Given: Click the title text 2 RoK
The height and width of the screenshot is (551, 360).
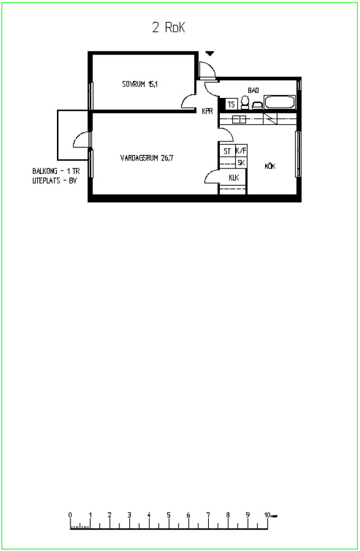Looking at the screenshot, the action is tap(169, 28).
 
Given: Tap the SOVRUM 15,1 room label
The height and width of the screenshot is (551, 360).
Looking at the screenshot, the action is tap(140, 84).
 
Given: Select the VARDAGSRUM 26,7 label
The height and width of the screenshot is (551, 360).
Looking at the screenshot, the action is tap(147, 158).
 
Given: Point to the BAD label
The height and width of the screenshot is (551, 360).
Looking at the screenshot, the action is tap(253, 91).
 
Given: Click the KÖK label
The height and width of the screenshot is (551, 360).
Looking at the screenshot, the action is tap(270, 166).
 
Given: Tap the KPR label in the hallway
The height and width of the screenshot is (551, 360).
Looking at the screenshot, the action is tap(208, 111).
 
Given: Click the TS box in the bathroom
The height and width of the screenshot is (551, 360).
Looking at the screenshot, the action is tap(231, 104).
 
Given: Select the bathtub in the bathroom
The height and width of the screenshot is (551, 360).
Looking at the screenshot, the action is tap(280, 102).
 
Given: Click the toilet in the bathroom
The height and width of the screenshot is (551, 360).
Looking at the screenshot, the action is tap(245, 103).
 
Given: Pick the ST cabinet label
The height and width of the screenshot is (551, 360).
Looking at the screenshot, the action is tap(228, 151).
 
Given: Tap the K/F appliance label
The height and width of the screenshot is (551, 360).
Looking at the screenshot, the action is tap(241, 151).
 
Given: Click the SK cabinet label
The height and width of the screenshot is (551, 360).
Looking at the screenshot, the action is tap(241, 163).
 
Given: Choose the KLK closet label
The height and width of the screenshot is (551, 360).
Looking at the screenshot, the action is tap(234, 178).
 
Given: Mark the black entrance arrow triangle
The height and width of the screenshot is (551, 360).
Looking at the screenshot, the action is tap(210, 53).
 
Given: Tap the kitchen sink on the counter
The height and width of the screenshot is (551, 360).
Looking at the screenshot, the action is tap(239, 119).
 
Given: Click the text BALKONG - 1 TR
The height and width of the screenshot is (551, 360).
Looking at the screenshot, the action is tap(56, 171).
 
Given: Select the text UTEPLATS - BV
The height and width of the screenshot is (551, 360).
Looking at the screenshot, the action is tap(54, 181).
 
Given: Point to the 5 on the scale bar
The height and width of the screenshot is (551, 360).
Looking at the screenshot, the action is tap(169, 515).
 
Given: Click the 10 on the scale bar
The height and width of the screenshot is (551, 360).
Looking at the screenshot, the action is tap(267, 515).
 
